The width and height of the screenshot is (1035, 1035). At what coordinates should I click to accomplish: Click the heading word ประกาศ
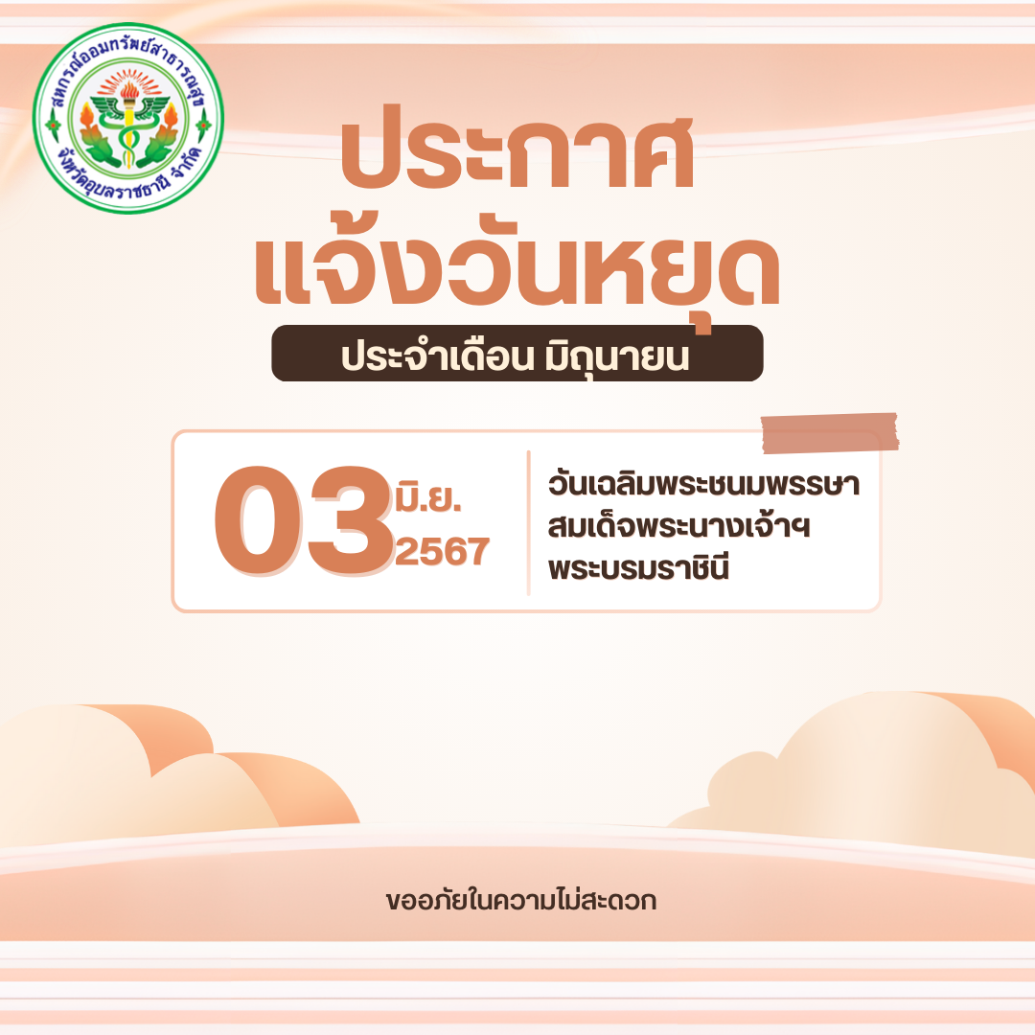pos(517,149)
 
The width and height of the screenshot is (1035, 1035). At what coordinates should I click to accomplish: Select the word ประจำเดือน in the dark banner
pos(437,356)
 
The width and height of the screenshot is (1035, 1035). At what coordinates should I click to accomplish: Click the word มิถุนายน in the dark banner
pos(616,356)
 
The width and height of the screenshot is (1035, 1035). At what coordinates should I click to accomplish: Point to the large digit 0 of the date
pos(260,520)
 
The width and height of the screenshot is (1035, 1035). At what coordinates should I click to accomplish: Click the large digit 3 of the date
pos(351,520)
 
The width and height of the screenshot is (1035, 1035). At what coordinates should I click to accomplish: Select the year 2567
pos(442,551)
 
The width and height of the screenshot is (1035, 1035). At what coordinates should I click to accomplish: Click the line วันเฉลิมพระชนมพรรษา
pos(703,484)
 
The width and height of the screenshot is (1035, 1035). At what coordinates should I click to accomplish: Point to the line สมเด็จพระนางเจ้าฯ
pos(678,526)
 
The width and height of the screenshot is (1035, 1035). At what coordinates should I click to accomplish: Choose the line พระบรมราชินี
pos(638,567)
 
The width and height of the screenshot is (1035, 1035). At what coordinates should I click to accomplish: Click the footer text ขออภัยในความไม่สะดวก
pos(521,900)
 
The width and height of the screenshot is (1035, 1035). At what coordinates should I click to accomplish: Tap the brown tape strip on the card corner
pos(830,433)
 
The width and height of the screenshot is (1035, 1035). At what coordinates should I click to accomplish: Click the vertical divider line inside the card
pos(529,523)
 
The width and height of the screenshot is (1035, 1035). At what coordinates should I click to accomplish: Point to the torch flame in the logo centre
pos(129,89)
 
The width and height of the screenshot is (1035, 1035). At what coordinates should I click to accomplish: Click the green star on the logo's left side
pos(53,125)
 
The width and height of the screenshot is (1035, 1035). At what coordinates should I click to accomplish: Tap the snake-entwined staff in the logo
pos(129,132)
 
